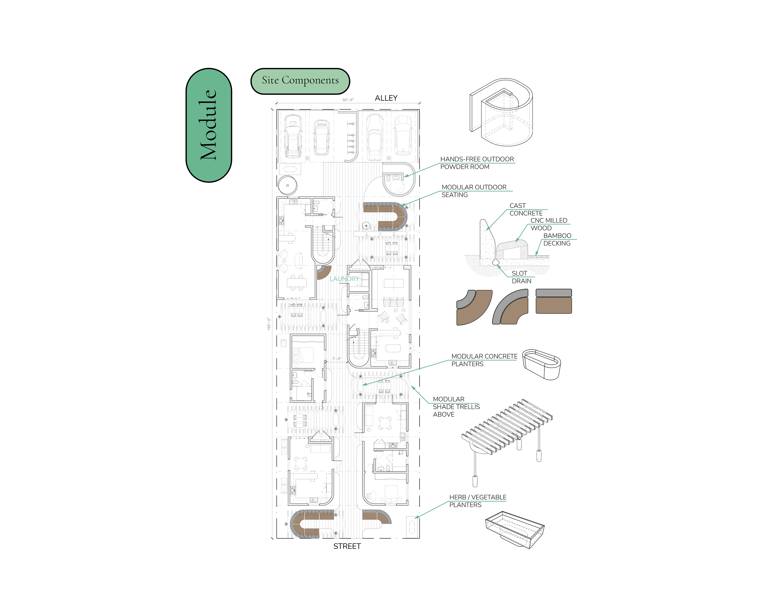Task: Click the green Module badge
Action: (x=209, y=125)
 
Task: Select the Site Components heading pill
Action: (x=300, y=81)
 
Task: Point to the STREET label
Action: (x=347, y=546)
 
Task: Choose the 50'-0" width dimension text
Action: (x=348, y=100)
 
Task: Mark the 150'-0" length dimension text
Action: (x=269, y=324)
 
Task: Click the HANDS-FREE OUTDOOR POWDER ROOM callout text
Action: (x=477, y=163)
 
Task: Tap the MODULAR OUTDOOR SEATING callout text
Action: (x=474, y=191)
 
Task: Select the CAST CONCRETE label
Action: (x=526, y=209)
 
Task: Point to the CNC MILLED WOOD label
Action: (x=549, y=224)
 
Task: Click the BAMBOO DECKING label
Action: (x=557, y=239)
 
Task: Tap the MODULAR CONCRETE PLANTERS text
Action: (x=484, y=360)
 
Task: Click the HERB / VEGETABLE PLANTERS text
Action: (x=478, y=501)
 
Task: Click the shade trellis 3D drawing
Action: (x=507, y=443)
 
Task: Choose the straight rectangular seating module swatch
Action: (x=553, y=301)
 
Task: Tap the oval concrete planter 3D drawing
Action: (x=542, y=364)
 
